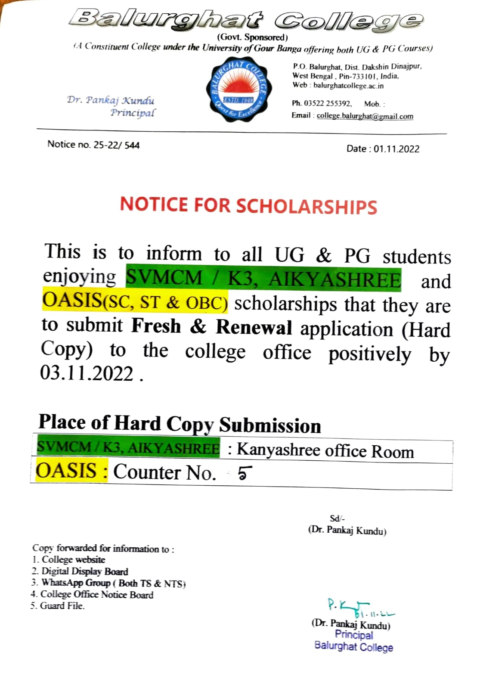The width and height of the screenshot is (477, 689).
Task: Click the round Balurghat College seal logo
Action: pyautogui.click(x=238, y=90)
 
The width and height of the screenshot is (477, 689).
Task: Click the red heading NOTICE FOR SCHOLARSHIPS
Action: pyautogui.click(x=248, y=205)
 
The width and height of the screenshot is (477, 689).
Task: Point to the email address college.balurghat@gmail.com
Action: pyautogui.click(x=365, y=116)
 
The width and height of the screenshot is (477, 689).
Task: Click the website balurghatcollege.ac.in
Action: pyautogui.click(x=348, y=85)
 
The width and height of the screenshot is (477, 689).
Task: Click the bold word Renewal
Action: pyautogui.click(x=254, y=327)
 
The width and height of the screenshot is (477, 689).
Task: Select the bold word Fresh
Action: pyautogui.click(x=156, y=326)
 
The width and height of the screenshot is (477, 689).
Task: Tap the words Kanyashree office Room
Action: pyautogui.click(x=325, y=450)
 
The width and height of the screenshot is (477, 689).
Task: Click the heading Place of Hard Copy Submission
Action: pyautogui.click(x=180, y=424)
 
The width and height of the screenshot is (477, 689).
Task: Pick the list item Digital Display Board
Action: pyautogui.click(x=84, y=571)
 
